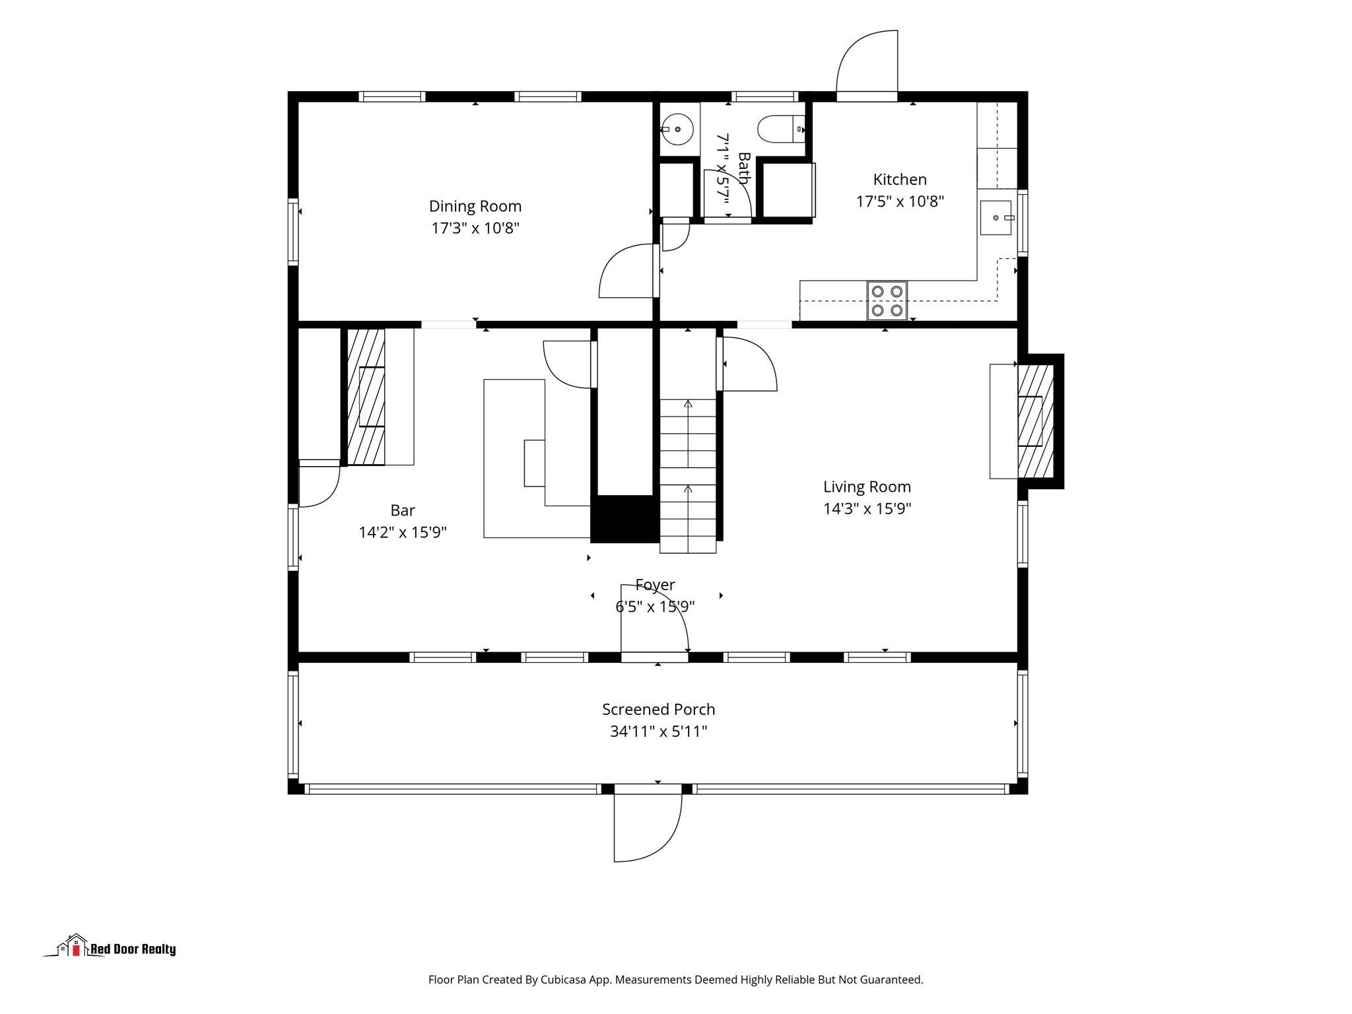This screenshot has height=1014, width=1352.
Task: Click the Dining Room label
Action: pos(475,207)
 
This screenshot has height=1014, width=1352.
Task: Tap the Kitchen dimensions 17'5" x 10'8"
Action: pos(900,201)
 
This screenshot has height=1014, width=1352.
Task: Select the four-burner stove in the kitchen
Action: pos(887,300)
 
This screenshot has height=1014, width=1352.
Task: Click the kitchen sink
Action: pos(996,218)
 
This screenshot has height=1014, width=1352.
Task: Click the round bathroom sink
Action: pos(677,129)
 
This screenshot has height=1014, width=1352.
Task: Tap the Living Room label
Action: pos(867,487)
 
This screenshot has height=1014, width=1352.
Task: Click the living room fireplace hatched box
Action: pos(1035,421)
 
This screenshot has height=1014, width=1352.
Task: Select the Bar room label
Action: pos(403,510)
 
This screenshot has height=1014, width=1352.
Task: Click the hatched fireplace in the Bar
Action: pos(366,396)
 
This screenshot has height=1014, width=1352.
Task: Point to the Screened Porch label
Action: pos(658,710)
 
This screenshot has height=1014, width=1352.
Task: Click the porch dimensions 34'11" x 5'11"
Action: pos(658,731)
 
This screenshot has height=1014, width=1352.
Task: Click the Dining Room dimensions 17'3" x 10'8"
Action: pos(475,228)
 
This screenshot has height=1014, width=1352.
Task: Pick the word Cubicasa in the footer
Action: pos(564,980)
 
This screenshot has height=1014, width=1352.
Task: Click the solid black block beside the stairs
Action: pos(625,519)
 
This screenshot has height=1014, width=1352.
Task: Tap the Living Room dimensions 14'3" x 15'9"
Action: pos(867,509)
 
